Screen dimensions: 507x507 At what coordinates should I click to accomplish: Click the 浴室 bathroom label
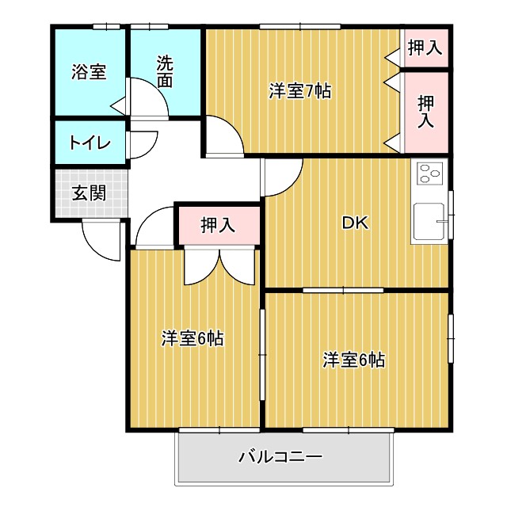point(89,72)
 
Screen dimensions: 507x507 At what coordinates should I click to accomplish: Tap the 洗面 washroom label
point(164,72)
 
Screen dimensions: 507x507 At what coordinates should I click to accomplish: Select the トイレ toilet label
point(89,143)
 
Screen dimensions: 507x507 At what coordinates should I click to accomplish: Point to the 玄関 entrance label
point(89,193)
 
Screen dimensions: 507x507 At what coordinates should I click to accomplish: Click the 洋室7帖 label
point(299,91)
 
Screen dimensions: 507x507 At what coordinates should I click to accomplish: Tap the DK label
point(353,223)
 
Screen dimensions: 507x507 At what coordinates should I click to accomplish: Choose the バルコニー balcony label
point(280,457)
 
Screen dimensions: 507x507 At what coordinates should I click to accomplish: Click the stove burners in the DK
point(430,173)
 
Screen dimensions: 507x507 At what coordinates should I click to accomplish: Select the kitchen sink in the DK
point(429,222)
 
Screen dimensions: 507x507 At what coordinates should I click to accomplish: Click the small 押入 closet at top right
point(424,49)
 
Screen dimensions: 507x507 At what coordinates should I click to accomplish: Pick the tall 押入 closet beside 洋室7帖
point(425,111)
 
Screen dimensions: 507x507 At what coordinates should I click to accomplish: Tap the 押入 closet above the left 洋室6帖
point(217,224)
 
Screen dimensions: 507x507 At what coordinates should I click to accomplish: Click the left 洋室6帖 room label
point(193,339)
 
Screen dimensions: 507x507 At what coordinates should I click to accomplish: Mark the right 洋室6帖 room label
point(353,359)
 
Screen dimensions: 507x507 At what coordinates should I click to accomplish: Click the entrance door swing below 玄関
point(101,238)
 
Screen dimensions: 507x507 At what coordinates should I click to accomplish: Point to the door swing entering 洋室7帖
point(224,136)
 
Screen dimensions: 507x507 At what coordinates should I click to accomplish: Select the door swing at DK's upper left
point(281,174)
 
